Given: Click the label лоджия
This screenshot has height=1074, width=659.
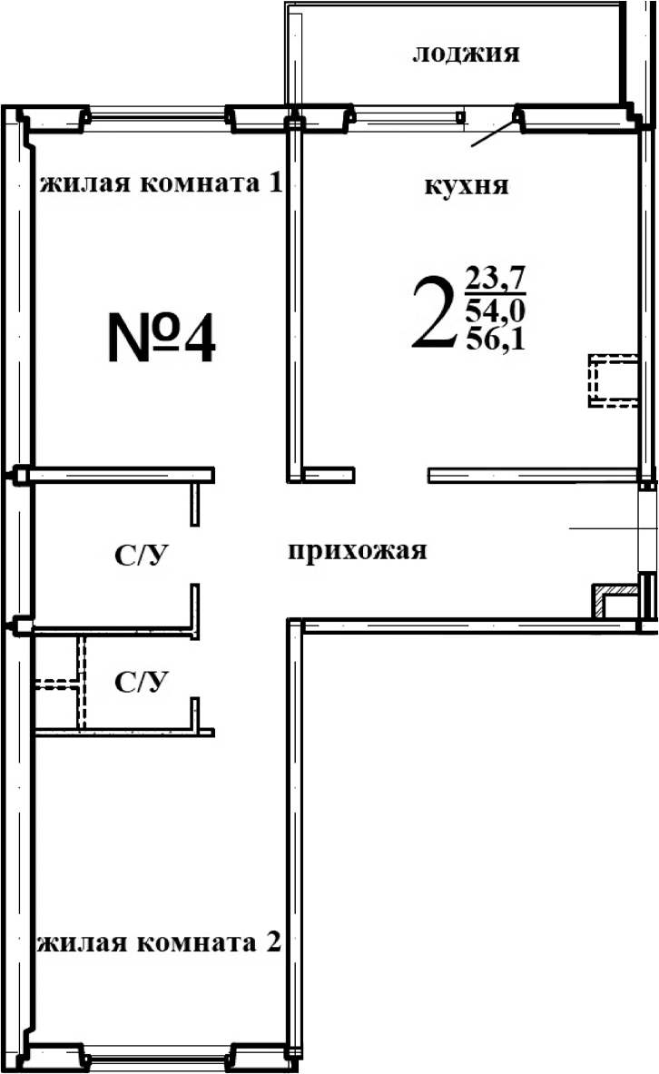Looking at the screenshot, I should (x=466, y=54).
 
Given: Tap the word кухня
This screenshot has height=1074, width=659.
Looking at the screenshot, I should (x=466, y=187).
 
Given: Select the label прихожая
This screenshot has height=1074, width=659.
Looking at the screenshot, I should (x=357, y=550).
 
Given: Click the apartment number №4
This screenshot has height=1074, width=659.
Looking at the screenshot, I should (x=162, y=337).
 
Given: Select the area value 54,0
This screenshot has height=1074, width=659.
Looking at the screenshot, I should (x=495, y=310).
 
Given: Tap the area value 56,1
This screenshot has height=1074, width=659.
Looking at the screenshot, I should (x=495, y=340).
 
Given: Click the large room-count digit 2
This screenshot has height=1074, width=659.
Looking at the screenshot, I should (x=432, y=314).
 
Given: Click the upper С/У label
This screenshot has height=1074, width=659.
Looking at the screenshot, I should (x=143, y=556).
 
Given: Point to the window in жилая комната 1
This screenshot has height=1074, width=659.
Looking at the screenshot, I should (x=156, y=115).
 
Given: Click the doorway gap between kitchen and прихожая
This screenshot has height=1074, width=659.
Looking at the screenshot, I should (x=390, y=474).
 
